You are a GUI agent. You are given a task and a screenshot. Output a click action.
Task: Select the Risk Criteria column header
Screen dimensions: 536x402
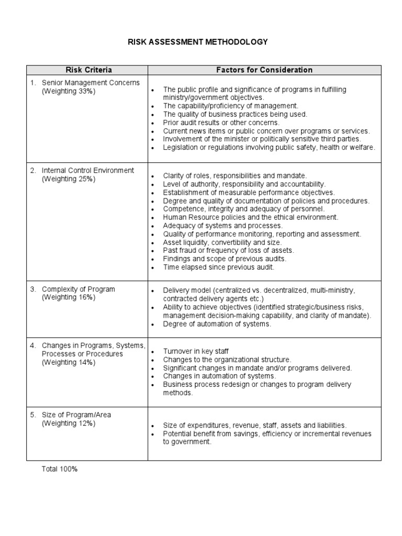(88, 70)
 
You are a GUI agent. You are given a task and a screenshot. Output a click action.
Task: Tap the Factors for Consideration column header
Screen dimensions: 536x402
(264, 70)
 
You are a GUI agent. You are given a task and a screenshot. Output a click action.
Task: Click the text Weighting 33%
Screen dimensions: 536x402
(69, 92)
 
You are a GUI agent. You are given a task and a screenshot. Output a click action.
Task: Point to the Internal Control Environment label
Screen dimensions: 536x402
(88, 170)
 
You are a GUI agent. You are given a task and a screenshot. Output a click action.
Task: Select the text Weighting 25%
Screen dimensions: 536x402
(69, 179)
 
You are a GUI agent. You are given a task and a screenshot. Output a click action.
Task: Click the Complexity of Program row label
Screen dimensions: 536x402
(79, 289)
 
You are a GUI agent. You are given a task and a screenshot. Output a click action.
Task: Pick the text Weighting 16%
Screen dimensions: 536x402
(69, 297)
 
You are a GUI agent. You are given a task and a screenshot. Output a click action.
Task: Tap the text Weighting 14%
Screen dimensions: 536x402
(69, 362)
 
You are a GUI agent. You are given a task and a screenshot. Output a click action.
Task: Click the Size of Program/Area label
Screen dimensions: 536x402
(76, 415)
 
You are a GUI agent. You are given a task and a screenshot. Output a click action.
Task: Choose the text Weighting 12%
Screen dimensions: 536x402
(69, 423)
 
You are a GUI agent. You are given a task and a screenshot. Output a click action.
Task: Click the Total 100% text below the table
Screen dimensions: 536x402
(59, 470)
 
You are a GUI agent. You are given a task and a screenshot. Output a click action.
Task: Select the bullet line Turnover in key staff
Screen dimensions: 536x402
(196, 351)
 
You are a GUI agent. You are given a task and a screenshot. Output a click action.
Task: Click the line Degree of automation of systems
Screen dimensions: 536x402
(217, 324)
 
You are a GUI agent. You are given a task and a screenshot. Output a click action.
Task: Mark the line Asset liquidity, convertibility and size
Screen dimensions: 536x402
(222, 242)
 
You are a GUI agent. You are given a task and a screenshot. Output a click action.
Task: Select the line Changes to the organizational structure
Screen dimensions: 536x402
(227, 360)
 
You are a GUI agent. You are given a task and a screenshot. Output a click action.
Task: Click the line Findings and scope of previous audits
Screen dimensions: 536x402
(224, 259)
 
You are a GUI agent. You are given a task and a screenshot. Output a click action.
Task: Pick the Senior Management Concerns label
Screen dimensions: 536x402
(91, 83)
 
